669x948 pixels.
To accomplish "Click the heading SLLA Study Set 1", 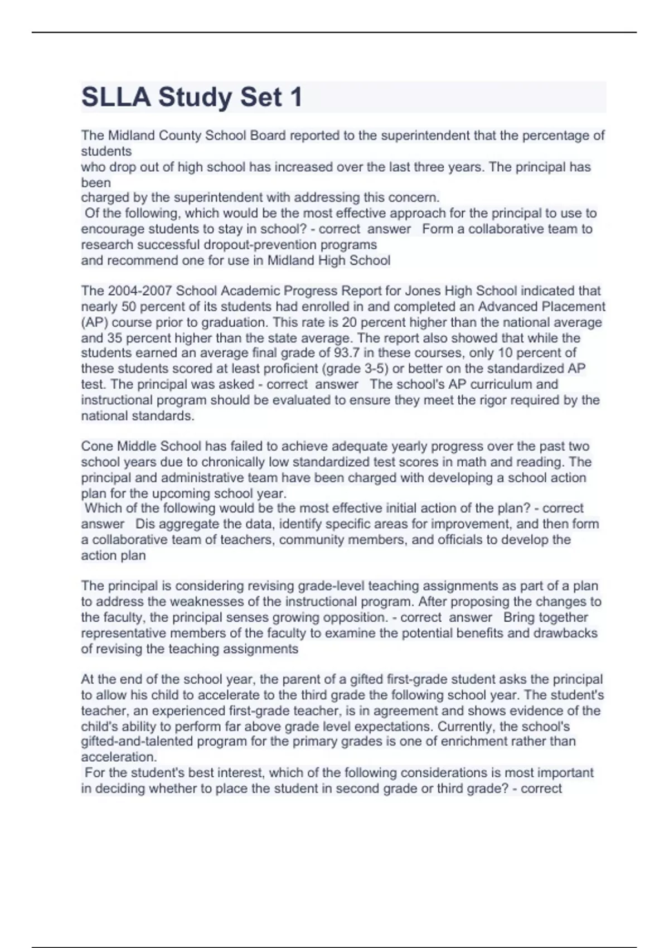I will point(192,97).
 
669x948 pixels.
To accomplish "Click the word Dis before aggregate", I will point(145,524).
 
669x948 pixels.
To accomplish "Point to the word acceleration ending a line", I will point(118,757).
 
